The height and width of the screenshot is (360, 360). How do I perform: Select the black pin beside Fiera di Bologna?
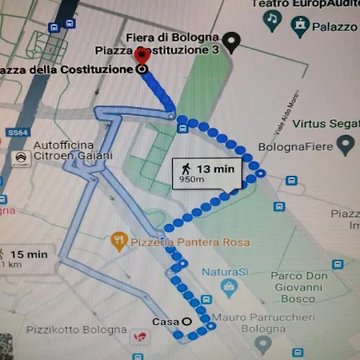point(233,42)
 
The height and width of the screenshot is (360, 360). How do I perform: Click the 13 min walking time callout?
point(206,172)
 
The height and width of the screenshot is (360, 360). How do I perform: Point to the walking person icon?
point(186,169)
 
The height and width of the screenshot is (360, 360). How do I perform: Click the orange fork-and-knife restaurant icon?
point(119,239)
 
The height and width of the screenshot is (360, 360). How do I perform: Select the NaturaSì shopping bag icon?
point(230,286)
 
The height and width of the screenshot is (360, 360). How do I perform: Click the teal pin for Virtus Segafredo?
point(346,145)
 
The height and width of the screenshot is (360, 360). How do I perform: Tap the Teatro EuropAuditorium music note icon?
point(274,18)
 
